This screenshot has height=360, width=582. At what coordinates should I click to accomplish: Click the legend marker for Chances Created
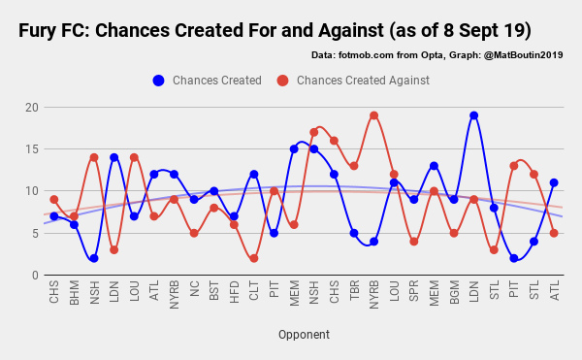point(158,81)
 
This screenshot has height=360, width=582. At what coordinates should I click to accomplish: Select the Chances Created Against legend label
point(363,81)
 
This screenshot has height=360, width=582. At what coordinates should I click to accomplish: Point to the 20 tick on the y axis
point(33,107)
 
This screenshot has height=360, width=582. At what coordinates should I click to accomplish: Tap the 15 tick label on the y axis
point(33,148)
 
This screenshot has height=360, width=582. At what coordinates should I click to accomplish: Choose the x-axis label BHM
point(74,290)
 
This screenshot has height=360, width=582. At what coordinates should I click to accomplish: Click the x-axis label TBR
point(354,290)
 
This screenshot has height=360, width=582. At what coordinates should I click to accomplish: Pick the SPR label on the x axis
point(414,290)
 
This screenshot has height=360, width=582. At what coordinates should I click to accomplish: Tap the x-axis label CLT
point(254,290)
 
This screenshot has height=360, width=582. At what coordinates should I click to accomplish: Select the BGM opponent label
point(454,290)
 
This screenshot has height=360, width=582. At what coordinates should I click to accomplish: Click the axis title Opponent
point(304,335)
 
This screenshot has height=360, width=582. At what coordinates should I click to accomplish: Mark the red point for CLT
point(254,258)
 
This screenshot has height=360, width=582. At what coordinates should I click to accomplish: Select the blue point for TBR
point(354,233)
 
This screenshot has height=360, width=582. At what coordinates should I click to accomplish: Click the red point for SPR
point(414,242)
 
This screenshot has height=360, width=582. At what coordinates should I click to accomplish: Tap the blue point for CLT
point(254,175)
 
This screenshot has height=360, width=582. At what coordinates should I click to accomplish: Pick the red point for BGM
point(454,233)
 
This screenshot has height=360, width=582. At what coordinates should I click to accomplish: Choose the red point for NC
point(194,233)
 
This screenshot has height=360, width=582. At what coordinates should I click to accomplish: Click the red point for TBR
point(354,166)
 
